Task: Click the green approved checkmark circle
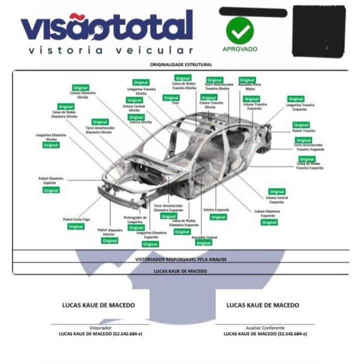click(239, 30)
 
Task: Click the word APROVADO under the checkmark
click(240, 49)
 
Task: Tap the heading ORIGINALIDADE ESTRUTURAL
click(180, 64)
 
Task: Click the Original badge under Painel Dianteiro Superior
click(51, 190)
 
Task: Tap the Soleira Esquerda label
click(216, 210)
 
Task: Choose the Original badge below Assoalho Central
click(204, 243)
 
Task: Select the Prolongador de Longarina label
click(135, 219)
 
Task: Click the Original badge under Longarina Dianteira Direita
click(51, 145)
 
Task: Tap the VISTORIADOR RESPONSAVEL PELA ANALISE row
click(180, 260)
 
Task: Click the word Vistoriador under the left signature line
click(100, 328)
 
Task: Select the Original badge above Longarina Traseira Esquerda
click(296, 99)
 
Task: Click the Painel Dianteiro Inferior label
click(109, 232)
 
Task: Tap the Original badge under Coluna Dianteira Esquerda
click(269, 222)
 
